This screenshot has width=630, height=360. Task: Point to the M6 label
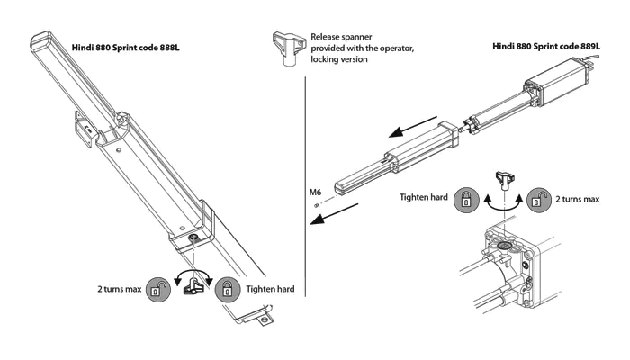316,192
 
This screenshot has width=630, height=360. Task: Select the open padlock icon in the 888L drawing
159,290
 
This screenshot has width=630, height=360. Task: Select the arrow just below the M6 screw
340,215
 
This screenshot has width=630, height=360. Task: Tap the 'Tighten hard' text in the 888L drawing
269,290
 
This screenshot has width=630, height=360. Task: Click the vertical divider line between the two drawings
306,180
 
